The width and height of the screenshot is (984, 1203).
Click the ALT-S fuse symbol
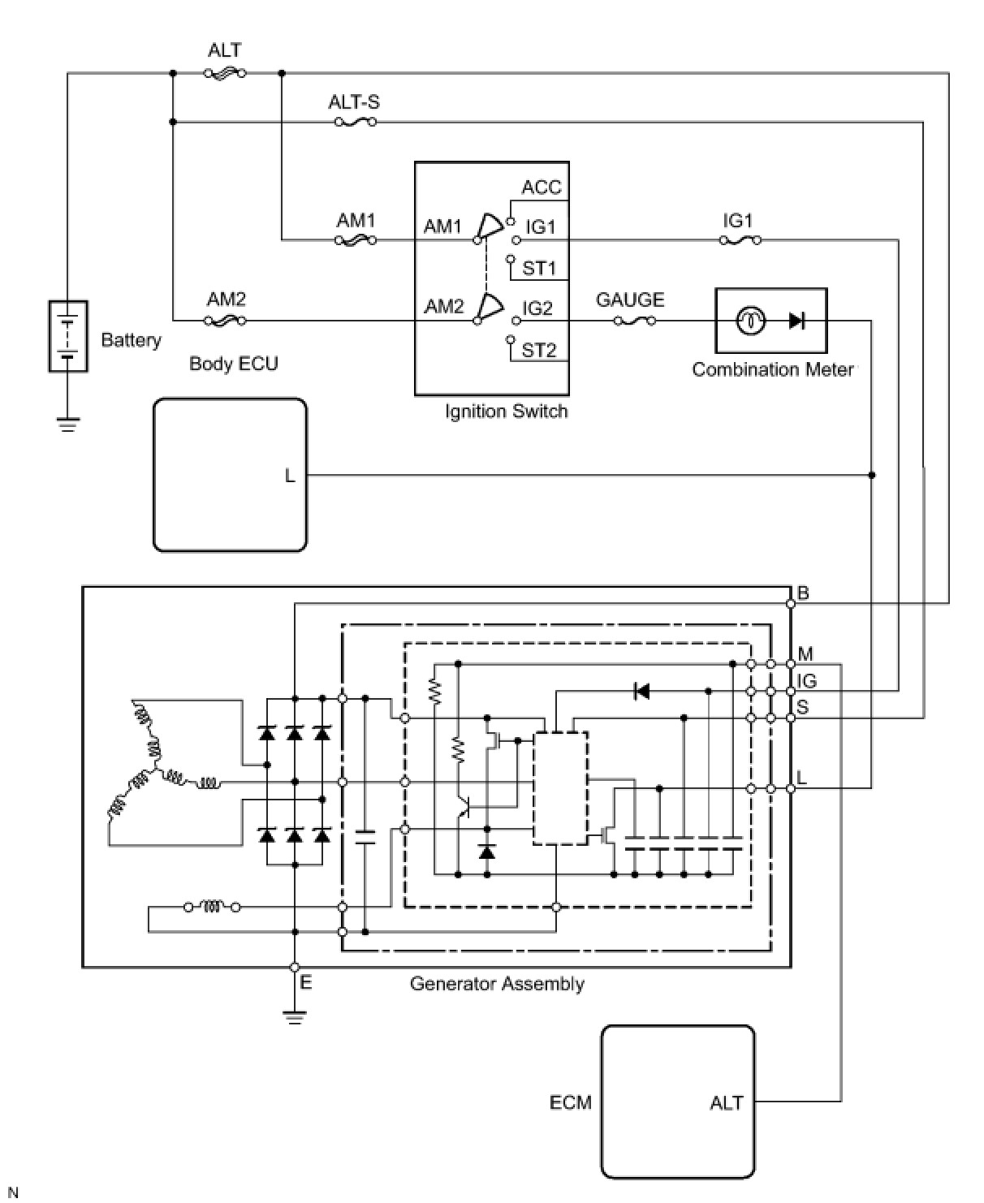tap(355, 122)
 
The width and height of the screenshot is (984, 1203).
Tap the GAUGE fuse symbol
tap(634, 321)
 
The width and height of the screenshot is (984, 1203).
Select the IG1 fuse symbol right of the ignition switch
tap(740, 240)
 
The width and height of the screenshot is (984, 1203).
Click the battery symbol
tap(68, 336)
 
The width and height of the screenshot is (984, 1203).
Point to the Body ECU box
tap(230, 475)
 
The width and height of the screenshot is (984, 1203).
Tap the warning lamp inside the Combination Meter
tap(751, 321)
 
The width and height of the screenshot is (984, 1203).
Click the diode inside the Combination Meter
tap(796, 321)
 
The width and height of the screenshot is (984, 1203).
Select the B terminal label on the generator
tap(803, 593)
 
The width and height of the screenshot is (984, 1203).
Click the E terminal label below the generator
tap(306, 981)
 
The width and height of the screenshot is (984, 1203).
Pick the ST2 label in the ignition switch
tap(538, 350)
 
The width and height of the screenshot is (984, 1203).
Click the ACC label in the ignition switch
tap(542, 187)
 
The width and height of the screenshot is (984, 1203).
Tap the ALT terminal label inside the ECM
tap(726, 1103)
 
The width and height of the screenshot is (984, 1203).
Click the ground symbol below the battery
tap(68, 425)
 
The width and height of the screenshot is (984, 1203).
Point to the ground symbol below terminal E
tap(295, 1018)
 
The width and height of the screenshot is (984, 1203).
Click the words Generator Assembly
tap(497, 984)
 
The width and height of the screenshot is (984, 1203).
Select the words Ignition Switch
tap(507, 412)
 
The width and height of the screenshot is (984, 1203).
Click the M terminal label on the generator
tap(805, 654)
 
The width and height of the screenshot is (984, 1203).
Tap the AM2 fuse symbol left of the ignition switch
tap(226, 321)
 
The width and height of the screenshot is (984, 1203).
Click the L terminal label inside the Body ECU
tap(290, 475)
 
